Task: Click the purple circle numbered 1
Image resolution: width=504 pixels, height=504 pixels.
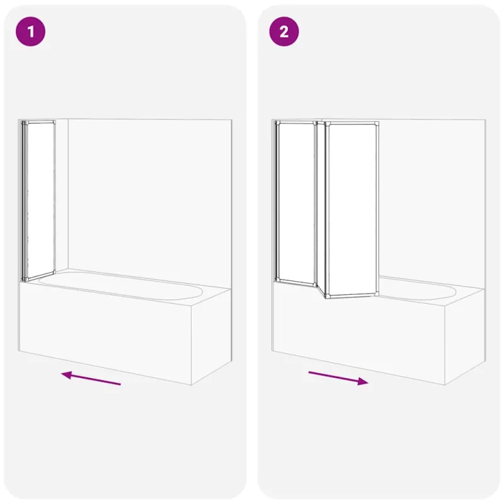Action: click(30, 31)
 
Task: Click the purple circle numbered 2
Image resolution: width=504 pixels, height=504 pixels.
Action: click(284, 31)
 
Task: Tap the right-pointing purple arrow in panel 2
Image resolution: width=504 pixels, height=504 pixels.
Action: click(338, 378)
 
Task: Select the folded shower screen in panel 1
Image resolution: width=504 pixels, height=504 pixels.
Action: click(38, 201)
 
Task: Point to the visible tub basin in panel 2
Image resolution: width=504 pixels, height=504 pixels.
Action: click(418, 289)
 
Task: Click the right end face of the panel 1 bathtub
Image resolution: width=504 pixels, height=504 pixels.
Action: click(211, 336)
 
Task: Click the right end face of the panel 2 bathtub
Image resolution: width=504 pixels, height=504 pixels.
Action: click(465, 336)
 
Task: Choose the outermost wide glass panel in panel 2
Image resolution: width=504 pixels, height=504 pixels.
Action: click(352, 210)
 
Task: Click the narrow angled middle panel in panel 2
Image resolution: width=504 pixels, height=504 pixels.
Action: click(321, 209)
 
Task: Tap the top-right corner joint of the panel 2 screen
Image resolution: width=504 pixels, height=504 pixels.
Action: click(376, 123)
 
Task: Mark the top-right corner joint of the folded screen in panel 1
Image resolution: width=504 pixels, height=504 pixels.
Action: click(54, 122)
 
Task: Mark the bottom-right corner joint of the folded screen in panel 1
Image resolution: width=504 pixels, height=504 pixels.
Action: click(54, 273)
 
